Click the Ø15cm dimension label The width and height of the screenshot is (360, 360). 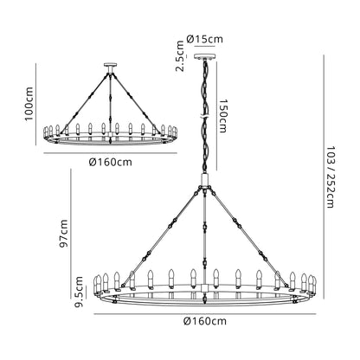click(x=205, y=39)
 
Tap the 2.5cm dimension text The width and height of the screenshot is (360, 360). click(x=180, y=56)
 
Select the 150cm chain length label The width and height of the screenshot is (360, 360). click(x=222, y=116)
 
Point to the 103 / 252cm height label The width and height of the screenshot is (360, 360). click(x=330, y=177)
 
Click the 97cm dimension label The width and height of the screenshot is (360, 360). click(x=63, y=234)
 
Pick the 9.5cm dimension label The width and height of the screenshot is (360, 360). click(x=79, y=292)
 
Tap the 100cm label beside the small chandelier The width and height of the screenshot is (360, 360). click(x=29, y=104)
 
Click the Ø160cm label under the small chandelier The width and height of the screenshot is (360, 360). click(x=111, y=163)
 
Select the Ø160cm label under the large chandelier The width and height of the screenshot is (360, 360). click(x=205, y=321)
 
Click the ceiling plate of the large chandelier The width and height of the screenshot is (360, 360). click(x=205, y=56)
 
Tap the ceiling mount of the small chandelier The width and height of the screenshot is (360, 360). click(x=110, y=65)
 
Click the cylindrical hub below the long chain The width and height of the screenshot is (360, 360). click(x=205, y=179)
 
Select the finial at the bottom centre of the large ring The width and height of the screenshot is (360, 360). click(x=205, y=299)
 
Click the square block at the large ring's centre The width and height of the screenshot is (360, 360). click(x=205, y=287)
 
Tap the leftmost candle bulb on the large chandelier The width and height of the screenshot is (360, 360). click(x=96, y=286)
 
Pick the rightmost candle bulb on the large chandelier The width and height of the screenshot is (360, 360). click(x=314, y=286)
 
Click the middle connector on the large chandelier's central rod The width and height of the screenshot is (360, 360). click(x=205, y=227)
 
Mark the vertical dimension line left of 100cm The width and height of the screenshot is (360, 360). click(x=36, y=104)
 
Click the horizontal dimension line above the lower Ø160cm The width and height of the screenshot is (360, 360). click(x=205, y=314)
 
